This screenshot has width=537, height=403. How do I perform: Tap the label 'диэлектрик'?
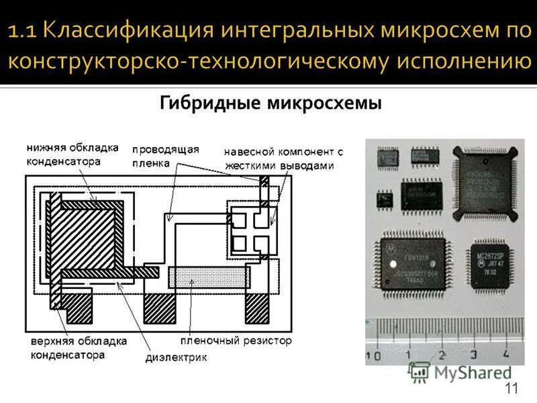tap(177, 357)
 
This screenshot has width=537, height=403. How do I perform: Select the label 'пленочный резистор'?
tap(236, 341)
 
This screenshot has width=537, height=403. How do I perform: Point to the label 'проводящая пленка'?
tap(165, 155)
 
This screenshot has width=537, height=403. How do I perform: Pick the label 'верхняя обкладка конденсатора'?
tap(78, 349)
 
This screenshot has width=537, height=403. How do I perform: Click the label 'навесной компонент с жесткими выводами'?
tap(283, 159)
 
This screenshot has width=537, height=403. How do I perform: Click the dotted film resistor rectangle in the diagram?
tap(208, 277)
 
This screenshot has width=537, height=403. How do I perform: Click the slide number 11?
tap(511, 388)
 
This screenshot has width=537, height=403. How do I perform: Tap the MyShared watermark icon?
tap(420, 372)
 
